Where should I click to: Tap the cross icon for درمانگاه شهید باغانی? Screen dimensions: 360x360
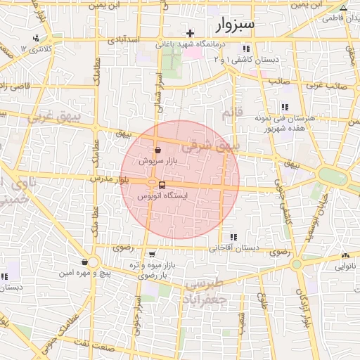tap(190, 33)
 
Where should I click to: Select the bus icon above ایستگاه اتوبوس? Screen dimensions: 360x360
tap(162, 184)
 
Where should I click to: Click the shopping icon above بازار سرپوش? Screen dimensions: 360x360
tap(157, 150)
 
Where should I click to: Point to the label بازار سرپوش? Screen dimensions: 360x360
tap(156, 161)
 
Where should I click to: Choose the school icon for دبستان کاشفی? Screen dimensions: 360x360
tap(245, 49)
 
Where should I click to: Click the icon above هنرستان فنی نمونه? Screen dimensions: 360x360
tap(284, 107)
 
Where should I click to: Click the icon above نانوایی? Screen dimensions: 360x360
tap(345, 256)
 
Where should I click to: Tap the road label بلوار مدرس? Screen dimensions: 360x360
tap(110, 179)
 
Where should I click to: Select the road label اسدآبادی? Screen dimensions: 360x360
tap(126, 40)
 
